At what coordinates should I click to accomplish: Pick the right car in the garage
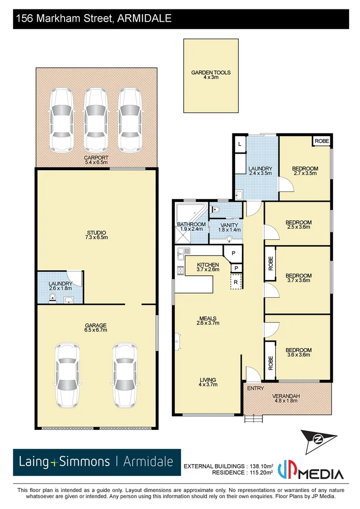tap(125, 375)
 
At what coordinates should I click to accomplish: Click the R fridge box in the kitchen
tap(235, 282)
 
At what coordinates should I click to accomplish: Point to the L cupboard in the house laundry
tap(239, 144)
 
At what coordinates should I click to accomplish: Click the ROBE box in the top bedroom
tap(322, 141)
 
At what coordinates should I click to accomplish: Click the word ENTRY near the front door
tap(255, 388)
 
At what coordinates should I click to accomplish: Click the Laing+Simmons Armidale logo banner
tap(97, 462)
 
